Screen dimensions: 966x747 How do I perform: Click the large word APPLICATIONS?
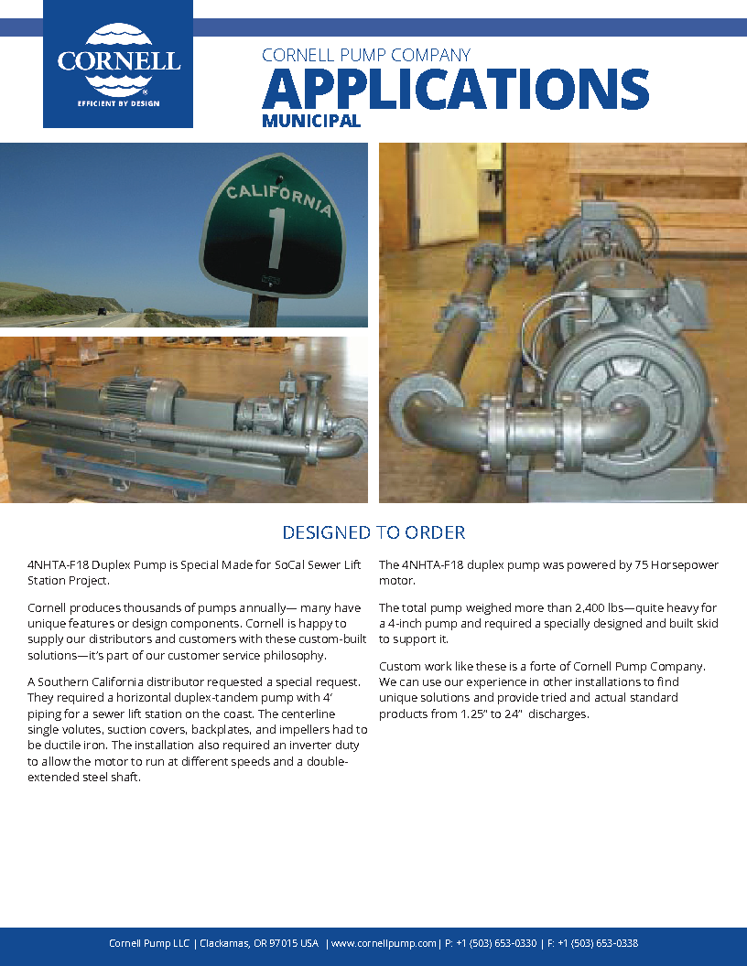[455, 89]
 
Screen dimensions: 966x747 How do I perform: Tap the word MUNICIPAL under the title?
[310, 121]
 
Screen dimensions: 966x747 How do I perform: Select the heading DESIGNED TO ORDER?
[373, 532]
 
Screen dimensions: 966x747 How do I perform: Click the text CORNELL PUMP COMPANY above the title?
[366, 56]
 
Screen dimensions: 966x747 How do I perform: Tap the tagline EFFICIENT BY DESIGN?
[118, 103]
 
